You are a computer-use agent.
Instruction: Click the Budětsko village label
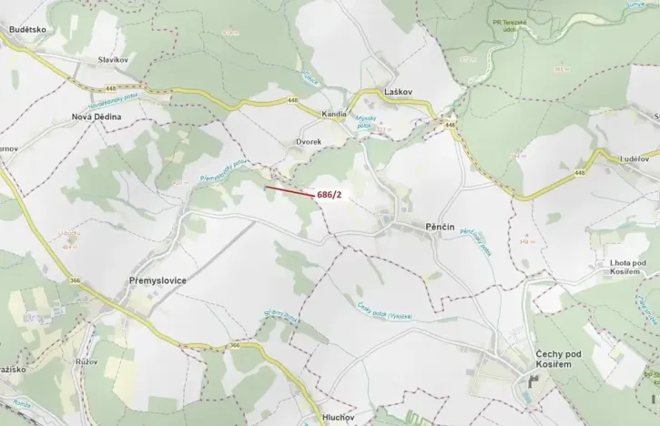(x=26, y=30)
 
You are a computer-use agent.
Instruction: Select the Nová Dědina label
(x=96, y=117)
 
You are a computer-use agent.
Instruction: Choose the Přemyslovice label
(x=152, y=281)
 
